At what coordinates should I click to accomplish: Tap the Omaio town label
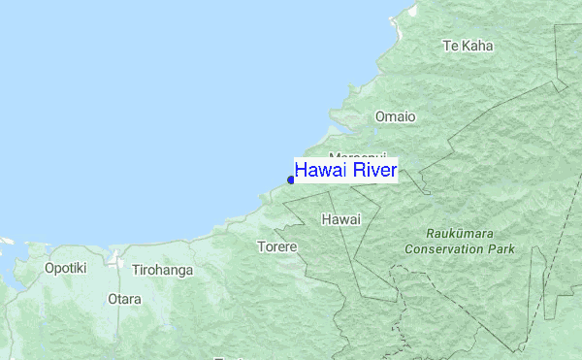(x=395, y=116)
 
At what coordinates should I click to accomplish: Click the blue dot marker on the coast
(x=291, y=180)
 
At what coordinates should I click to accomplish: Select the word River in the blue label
(x=373, y=172)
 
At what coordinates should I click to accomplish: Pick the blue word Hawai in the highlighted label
(x=320, y=172)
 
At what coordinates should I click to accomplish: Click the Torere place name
(x=276, y=247)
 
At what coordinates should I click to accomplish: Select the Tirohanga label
(x=162, y=270)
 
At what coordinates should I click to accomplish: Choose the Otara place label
(x=125, y=299)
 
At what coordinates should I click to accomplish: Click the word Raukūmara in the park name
(x=461, y=234)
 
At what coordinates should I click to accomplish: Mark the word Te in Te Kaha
(x=449, y=46)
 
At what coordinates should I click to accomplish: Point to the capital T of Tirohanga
(x=136, y=270)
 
